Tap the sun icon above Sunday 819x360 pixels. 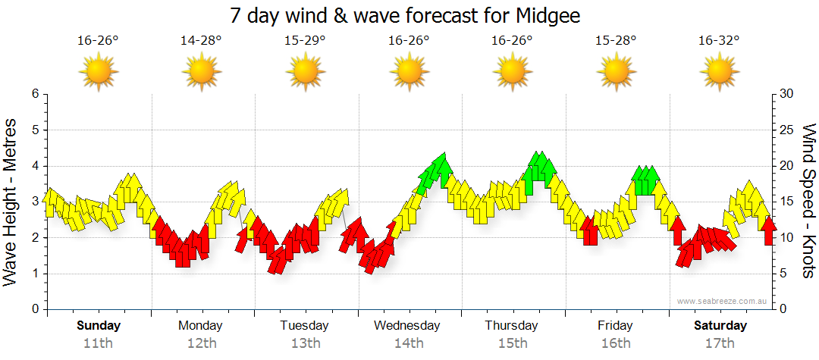[x=98, y=73]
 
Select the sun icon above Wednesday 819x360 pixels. [x=409, y=73]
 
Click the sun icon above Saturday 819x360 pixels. [x=719, y=73]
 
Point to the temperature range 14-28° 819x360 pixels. [x=201, y=41]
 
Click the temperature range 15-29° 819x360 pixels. [x=305, y=41]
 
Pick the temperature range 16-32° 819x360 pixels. [x=719, y=41]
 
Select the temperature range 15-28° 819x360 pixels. [x=616, y=41]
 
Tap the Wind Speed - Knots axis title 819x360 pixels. [x=808, y=201]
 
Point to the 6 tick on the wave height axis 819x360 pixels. [x=34, y=94]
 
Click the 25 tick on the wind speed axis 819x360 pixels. [x=787, y=130]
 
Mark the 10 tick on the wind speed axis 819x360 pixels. [x=787, y=238]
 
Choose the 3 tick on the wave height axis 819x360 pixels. [x=34, y=202]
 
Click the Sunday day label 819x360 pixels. [x=98, y=326]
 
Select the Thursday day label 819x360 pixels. [x=512, y=326]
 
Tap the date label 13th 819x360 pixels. [x=305, y=343]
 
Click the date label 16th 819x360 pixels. [x=616, y=343]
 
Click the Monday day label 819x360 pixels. [x=201, y=326]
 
